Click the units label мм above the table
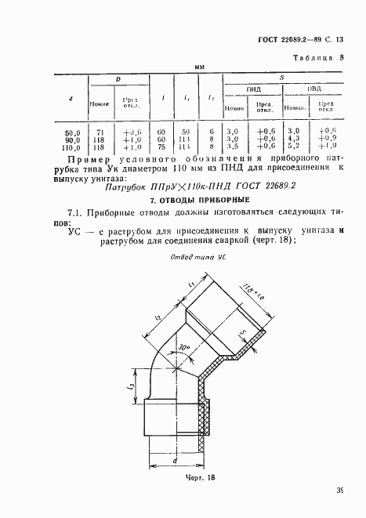[x=199, y=69]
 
